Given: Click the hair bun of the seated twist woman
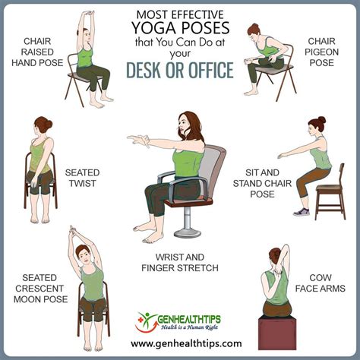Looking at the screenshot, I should [38, 121].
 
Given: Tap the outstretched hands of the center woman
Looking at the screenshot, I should [137, 141].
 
